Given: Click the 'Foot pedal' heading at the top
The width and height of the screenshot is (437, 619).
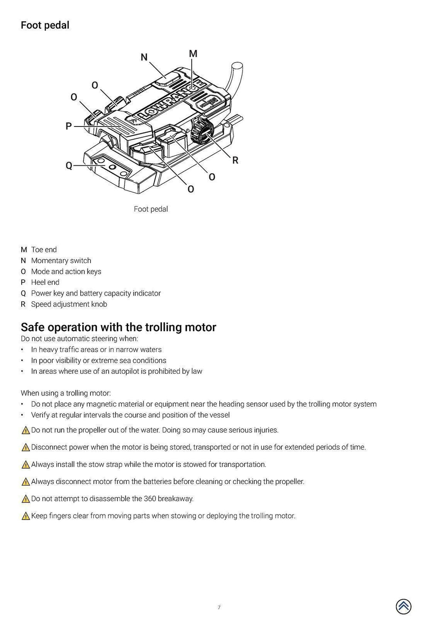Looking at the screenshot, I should point(45,25).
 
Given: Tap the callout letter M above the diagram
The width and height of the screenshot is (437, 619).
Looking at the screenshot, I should point(193,53).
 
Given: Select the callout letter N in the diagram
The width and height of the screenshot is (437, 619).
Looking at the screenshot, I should point(144,57).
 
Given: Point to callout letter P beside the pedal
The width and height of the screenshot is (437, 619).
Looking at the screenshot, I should point(68,126).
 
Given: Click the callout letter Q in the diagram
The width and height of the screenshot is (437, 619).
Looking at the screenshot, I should point(69,166).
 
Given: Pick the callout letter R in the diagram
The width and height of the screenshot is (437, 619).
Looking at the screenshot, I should point(235,161).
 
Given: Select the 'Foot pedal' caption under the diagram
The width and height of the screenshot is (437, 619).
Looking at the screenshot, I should point(151,209).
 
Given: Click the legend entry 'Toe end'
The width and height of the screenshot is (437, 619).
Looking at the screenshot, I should point(44,249).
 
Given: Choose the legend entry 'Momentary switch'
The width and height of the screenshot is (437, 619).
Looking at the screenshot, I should point(61,261).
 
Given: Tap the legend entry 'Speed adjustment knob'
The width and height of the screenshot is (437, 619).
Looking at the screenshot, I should point(69,304).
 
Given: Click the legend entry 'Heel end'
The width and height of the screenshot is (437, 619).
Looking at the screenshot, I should point(45,282).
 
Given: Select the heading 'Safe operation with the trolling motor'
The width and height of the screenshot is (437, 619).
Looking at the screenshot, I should point(118,327).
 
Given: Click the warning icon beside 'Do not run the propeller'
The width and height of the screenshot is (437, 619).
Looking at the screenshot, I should point(26,431).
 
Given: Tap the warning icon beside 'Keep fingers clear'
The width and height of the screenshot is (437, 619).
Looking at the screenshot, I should point(26,516).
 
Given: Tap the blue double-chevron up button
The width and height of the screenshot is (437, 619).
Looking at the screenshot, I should point(403,606).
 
